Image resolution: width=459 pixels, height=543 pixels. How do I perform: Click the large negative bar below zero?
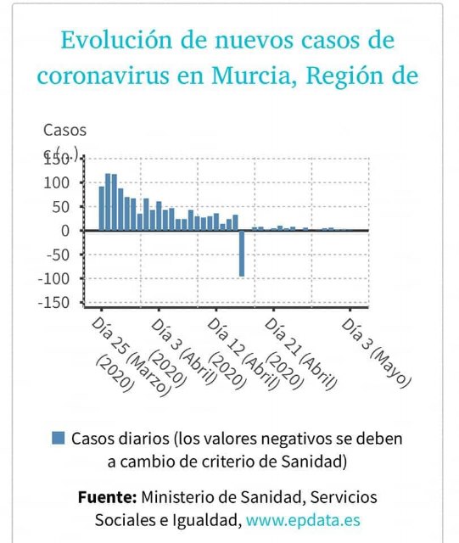click(242, 253)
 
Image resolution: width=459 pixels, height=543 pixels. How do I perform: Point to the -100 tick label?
click(58, 278)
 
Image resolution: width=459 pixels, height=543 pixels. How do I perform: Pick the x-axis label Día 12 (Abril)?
click(242, 353)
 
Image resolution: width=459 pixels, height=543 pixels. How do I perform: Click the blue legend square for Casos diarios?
click(59, 439)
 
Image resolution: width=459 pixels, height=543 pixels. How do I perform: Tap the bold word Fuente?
click(106, 496)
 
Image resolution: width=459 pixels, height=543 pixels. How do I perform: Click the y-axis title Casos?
click(64, 130)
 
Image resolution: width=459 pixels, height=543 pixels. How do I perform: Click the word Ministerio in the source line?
click(180, 496)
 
